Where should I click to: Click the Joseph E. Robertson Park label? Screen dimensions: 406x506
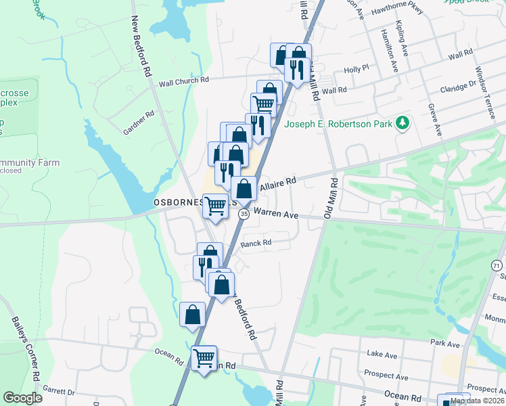[x=338, y=124]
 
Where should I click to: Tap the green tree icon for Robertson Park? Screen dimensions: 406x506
[x=403, y=122]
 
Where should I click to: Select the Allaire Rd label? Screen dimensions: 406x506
[x=278, y=181]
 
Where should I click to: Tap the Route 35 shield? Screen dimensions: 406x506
[x=244, y=214]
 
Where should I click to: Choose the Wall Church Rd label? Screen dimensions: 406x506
[x=184, y=81]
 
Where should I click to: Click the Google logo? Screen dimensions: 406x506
[x=22, y=398]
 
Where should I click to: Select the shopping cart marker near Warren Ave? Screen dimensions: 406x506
[x=216, y=206]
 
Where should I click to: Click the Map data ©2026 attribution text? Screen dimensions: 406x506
[x=478, y=401]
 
